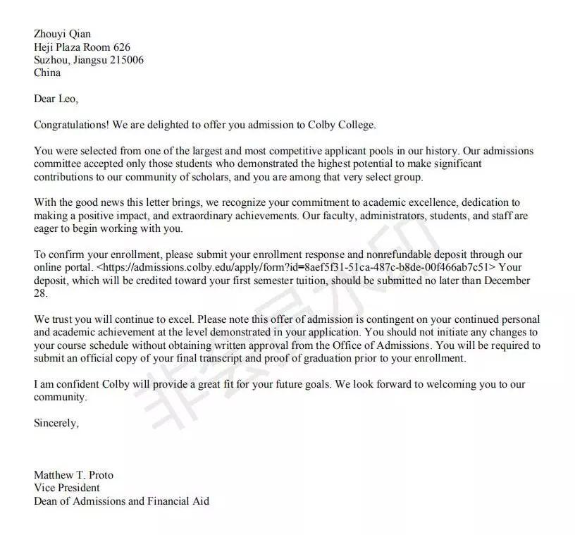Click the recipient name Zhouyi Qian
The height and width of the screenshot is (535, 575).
tap(62, 34)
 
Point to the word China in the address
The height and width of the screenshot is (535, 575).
tap(47, 73)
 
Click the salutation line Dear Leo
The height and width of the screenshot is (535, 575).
tap(56, 99)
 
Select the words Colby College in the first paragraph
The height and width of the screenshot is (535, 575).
tap(342, 125)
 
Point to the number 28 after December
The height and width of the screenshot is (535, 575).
tap(40, 293)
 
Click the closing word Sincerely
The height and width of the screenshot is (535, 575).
tap(56, 423)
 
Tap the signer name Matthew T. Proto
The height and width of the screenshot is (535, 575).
tap(73, 475)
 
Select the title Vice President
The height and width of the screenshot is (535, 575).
tap(67, 488)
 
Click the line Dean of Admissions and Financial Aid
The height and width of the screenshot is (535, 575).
tap(121, 501)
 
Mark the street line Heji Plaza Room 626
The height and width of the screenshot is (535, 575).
tap(82, 47)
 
